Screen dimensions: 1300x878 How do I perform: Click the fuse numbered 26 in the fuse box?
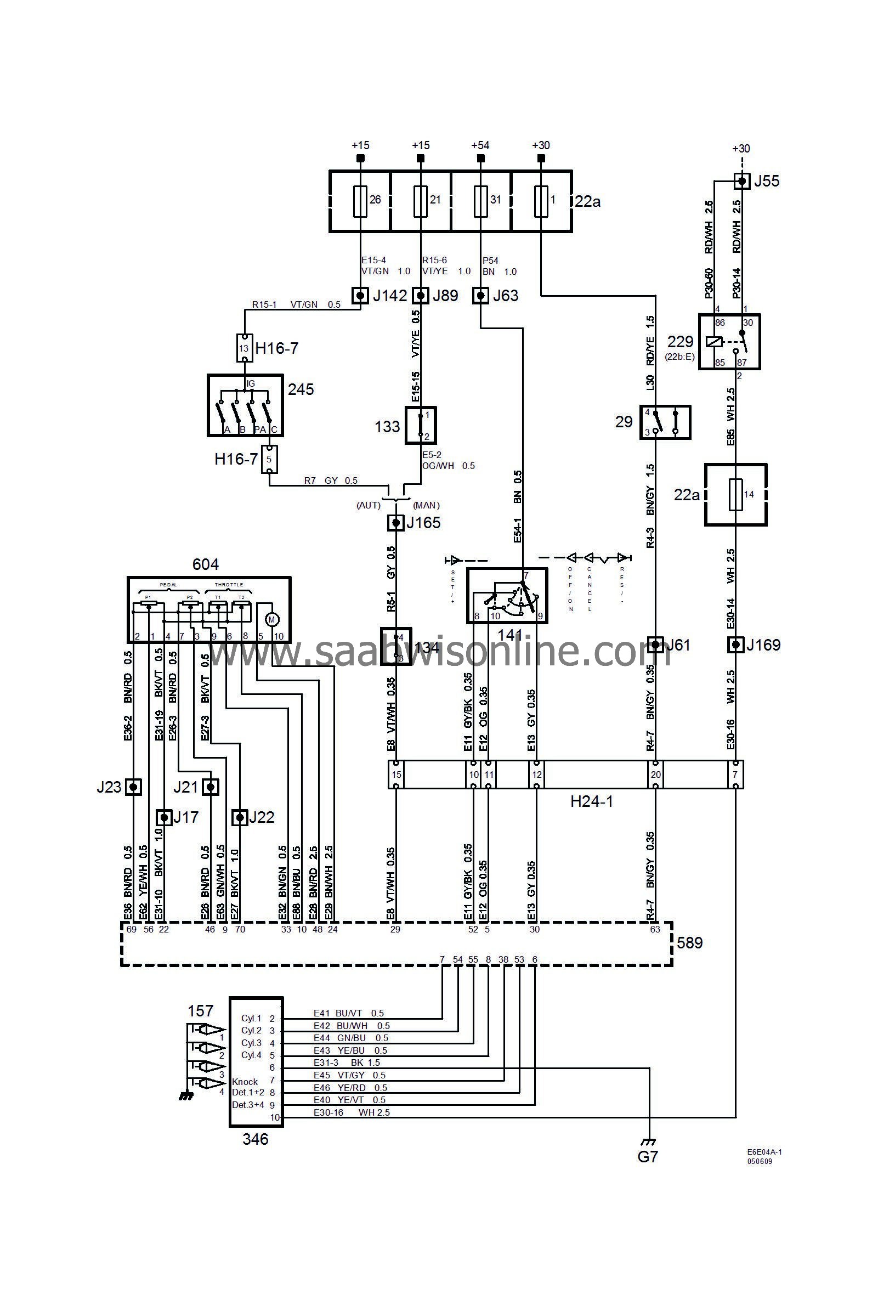[360, 201]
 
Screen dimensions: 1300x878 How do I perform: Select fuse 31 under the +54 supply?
[480, 201]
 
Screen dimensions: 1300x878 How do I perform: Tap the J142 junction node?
[360, 295]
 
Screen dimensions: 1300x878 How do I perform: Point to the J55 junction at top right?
[741, 180]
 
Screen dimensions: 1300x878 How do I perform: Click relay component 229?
[729, 341]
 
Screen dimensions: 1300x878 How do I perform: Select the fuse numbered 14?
[735, 494]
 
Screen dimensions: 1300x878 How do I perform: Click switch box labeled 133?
[421, 426]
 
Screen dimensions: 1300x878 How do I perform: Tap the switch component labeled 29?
[665, 422]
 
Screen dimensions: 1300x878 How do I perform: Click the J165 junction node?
[396, 523]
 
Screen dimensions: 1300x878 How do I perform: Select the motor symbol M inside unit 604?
[272, 619]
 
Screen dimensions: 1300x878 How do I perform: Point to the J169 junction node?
[735, 645]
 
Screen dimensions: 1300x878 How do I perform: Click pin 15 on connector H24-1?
[396, 775]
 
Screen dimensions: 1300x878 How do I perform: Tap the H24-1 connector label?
[591, 801]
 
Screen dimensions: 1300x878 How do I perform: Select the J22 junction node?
[240, 818]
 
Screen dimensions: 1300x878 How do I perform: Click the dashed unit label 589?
[689, 942]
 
